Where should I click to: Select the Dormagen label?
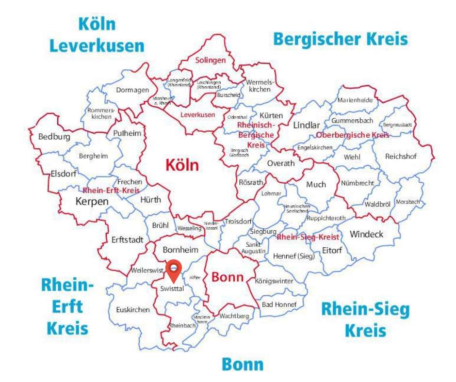pyautogui.click(x=131, y=90)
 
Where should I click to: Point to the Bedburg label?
pyautogui.click(x=54, y=137)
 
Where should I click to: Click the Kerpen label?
pyautogui.click(x=92, y=201)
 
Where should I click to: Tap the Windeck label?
pyautogui.click(x=366, y=234)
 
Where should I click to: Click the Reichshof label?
pyautogui.click(x=401, y=157)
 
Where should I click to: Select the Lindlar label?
pyautogui.click(x=307, y=125)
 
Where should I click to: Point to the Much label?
pyautogui.click(x=316, y=184)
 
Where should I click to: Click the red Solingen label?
pyautogui.click(x=211, y=61)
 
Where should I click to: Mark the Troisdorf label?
pyautogui.click(x=236, y=222)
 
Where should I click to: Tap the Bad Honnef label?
pyautogui.click(x=275, y=304)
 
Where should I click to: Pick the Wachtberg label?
pyautogui.click(x=234, y=316)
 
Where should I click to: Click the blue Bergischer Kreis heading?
pyautogui.click(x=341, y=39)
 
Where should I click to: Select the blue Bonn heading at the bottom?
pyautogui.click(x=243, y=364)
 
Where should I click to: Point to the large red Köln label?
pyautogui.click(x=182, y=165)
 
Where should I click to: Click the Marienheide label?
pyautogui.click(x=355, y=100)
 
